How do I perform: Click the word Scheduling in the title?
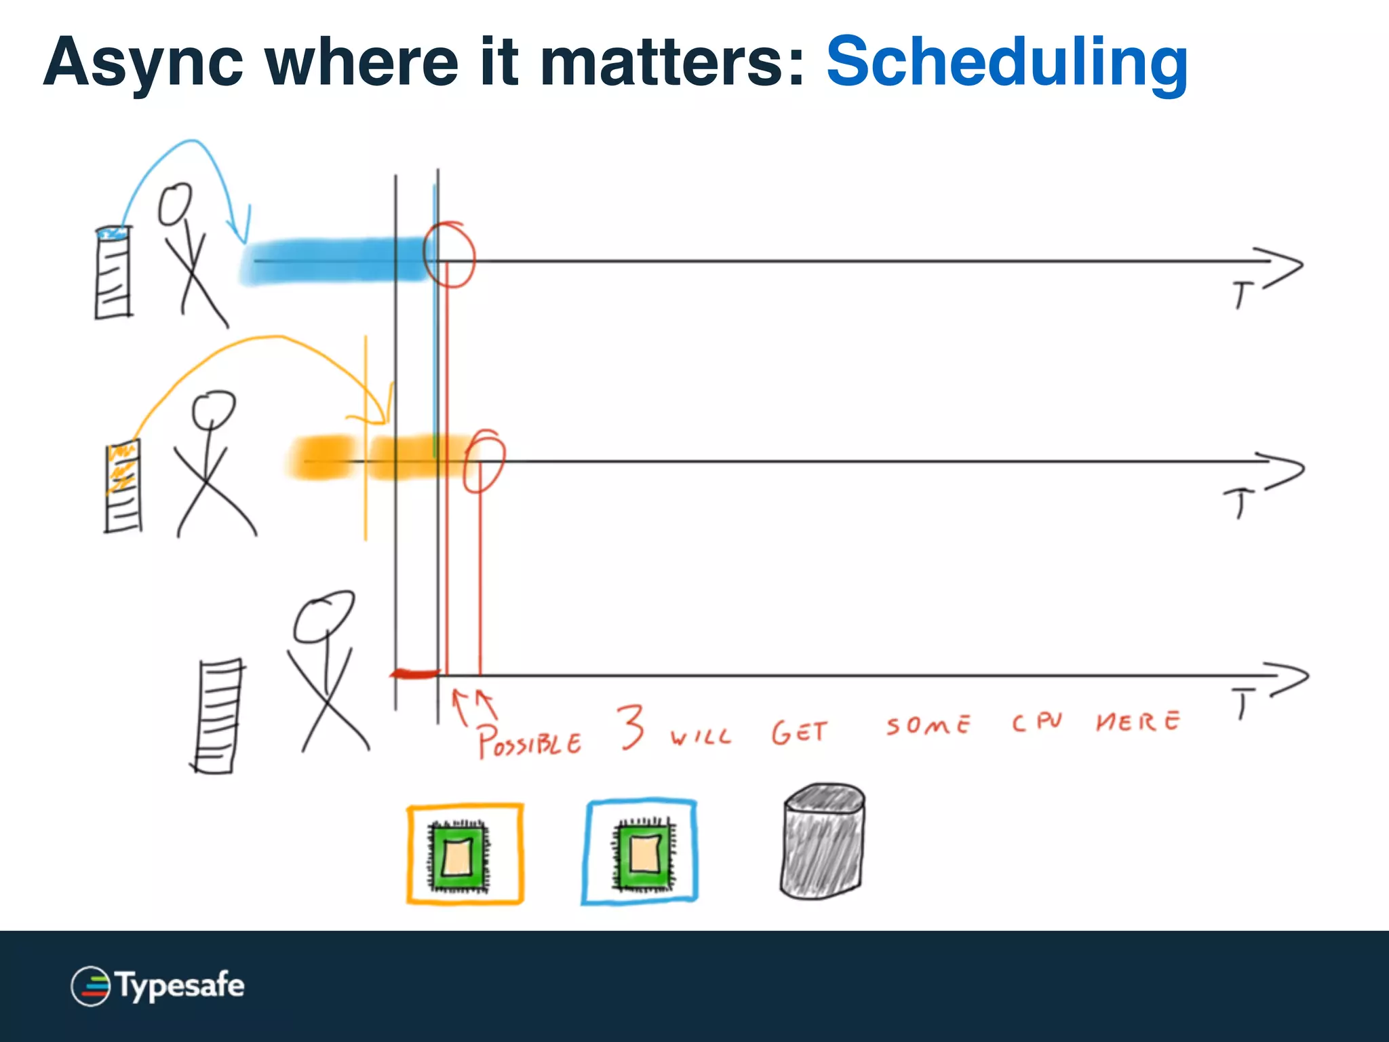click(1006, 62)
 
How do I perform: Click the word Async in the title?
click(142, 62)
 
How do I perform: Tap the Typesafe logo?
click(157, 986)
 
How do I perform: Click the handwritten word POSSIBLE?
click(529, 741)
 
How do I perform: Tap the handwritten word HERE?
click(1138, 721)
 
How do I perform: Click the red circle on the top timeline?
click(449, 254)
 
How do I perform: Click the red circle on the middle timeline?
click(484, 461)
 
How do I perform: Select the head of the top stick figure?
click(175, 204)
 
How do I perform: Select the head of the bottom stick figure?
click(324, 616)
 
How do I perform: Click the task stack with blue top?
click(113, 273)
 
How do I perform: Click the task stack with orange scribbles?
click(123, 486)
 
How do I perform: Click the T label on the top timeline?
click(1242, 296)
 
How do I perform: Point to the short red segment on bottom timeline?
click(415, 674)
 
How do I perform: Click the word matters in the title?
click(671, 62)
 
